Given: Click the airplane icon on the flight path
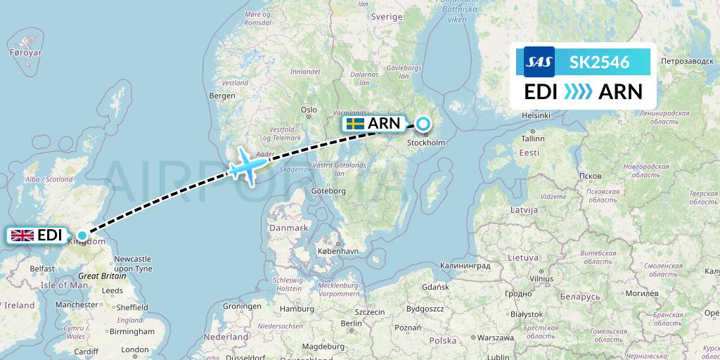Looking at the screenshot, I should pyautogui.click(x=247, y=165).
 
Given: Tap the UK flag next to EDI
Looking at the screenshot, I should pyautogui.click(x=22, y=236).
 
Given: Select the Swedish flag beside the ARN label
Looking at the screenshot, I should pyautogui.click(x=355, y=124).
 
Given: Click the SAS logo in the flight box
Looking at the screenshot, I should pyautogui.click(x=539, y=62).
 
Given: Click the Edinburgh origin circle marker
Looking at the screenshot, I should pyautogui.click(x=82, y=236).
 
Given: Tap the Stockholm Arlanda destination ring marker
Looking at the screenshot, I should pyautogui.click(x=423, y=124).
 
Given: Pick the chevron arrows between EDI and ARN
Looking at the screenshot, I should pyautogui.click(x=579, y=91).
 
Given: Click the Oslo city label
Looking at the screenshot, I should pyautogui.click(x=309, y=110).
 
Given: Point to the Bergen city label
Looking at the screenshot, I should pyautogui.click(x=222, y=96).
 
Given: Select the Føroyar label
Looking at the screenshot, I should pyautogui.click(x=26, y=53).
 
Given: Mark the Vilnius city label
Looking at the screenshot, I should pyautogui.click(x=539, y=278).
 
